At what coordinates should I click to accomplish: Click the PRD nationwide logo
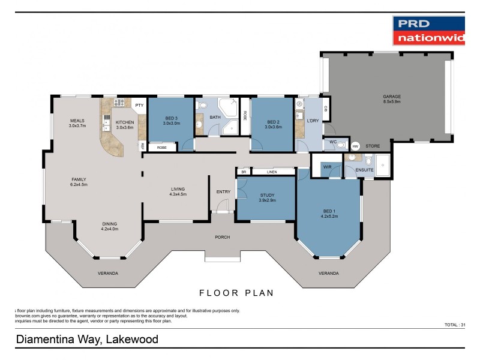pyautogui.click(x=428, y=31)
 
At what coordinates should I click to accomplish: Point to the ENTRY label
pyautogui.click(x=223, y=192)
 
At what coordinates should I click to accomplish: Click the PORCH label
pyautogui.click(x=223, y=237)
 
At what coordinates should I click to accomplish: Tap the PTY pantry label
pyautogui.click(x=139, y=106)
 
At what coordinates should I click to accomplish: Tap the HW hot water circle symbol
pyautogui.click(x=355, y=146)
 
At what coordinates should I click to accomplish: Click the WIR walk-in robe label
pyautogui.click(x=328, y=167)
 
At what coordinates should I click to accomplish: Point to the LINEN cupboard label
pyautogui.click(x=272, y=172)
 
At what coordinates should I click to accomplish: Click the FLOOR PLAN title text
pyautogui.click(x=236, y=293)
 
